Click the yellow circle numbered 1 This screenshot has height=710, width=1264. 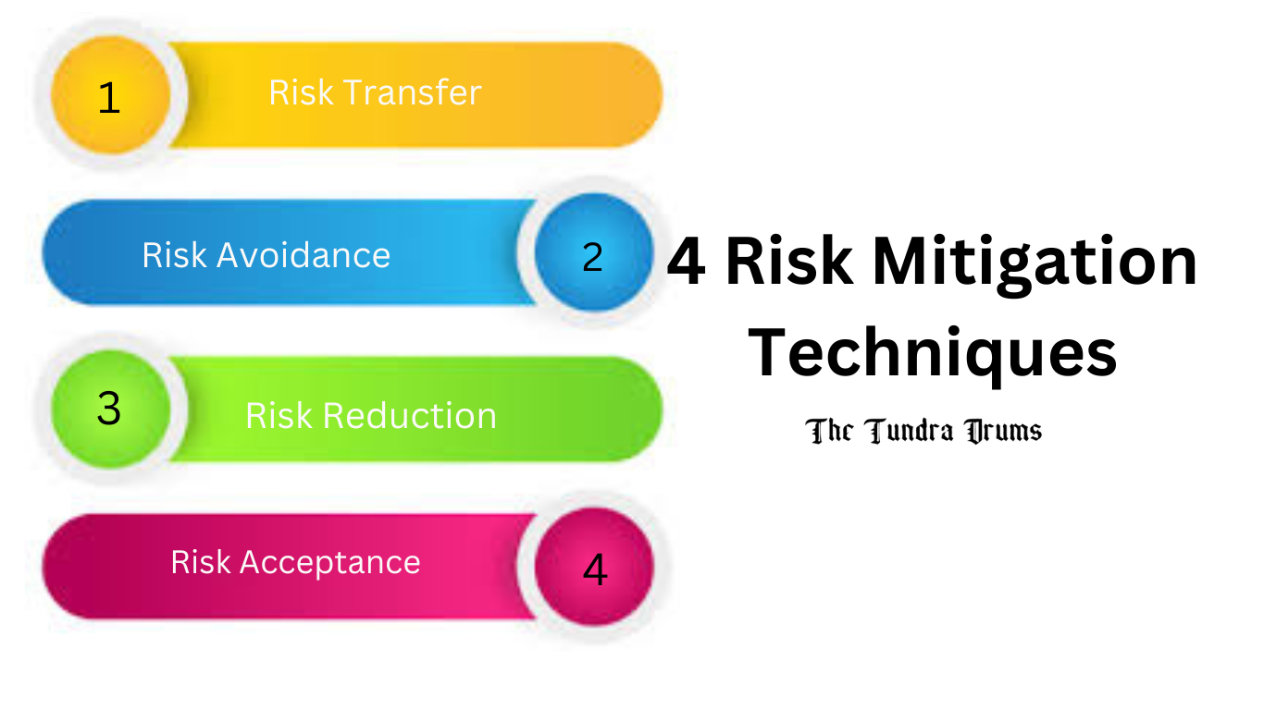click(x=110, y=95)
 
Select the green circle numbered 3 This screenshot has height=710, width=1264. click(x=110, y=408)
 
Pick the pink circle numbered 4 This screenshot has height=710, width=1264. click(x=594, y=567)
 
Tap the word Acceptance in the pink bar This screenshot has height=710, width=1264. click(x=330, y=562)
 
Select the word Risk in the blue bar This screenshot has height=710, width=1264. click(x=175, y=255)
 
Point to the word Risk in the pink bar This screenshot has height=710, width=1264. click(x=202, y=562)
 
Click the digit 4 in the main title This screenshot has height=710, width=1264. click(x=686, y=262)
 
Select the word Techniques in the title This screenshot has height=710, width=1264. click(x=932, y=354)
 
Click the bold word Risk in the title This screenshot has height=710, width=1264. click(x=787, y=262)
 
